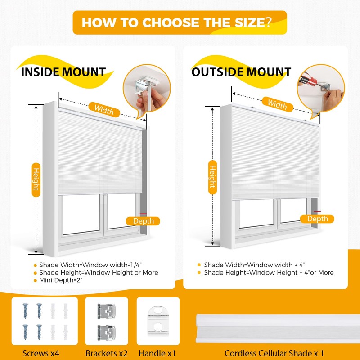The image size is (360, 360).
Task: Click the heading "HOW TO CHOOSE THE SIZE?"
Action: (x=176, y=22)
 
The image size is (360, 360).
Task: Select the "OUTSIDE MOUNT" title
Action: (x=241, y=72)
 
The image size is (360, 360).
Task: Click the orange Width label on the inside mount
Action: (x=104, y=108)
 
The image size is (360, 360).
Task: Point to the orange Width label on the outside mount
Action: (x=277, y=104)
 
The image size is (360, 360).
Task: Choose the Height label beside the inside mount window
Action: (x=36, y=178)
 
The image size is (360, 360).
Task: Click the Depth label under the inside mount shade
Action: (x=143, y=221)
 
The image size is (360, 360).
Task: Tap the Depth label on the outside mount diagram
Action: (x=318, y=219)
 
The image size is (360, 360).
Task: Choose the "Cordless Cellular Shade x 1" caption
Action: (x=274, y=353)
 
